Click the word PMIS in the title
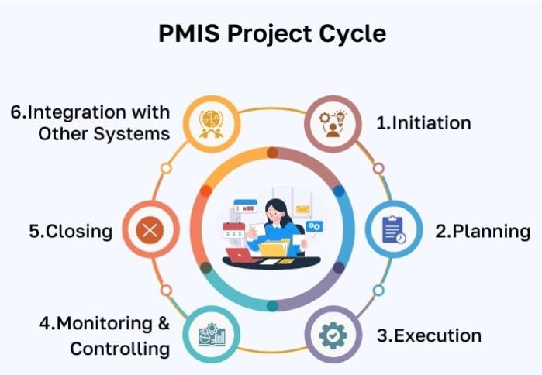188,33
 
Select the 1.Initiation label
423,123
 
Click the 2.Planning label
483,232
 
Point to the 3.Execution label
429,335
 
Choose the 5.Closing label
71,232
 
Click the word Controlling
119,349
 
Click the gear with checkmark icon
333,335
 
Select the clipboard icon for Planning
394,229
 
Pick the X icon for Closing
150,230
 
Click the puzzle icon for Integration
211,124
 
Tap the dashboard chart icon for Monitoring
212,335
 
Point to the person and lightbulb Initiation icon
333,124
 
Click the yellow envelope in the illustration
303,209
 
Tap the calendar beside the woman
233,231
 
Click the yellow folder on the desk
273,249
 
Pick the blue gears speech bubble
314,226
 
